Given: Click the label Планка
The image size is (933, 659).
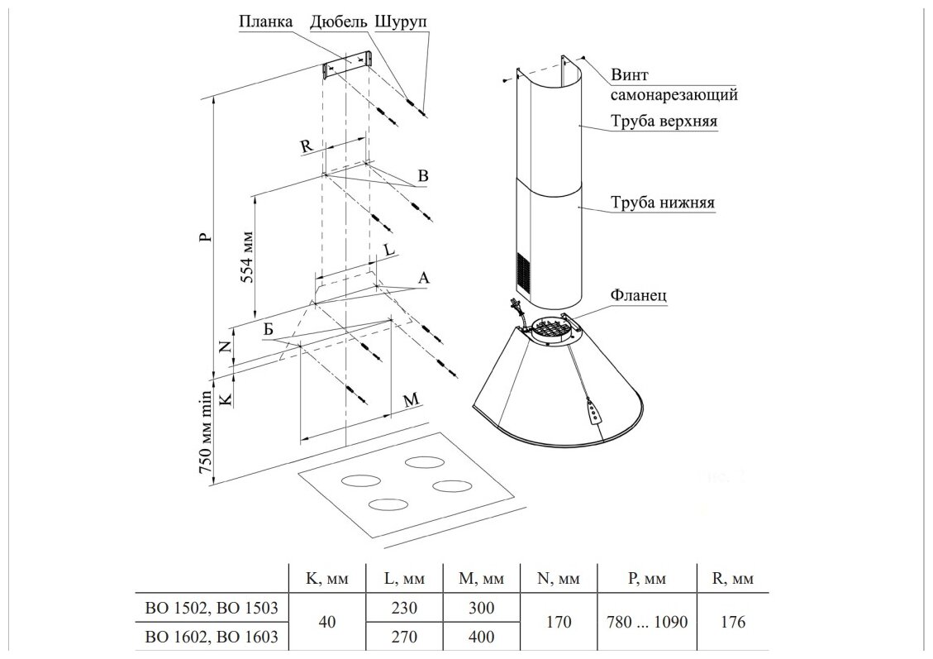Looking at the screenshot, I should click(x=265, y=21).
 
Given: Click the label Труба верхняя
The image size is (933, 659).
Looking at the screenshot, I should click(x=664, y=122).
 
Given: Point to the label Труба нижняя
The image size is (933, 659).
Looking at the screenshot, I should click(x=663, y=203).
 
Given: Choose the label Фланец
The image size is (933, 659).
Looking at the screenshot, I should click(x=639, y=294).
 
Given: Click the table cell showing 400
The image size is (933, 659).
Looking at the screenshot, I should click(x=481, y=637).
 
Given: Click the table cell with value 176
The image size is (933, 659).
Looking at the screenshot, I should click(x=732, y=623).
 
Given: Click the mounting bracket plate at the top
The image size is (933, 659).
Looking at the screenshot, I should click(x=347, y=64).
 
